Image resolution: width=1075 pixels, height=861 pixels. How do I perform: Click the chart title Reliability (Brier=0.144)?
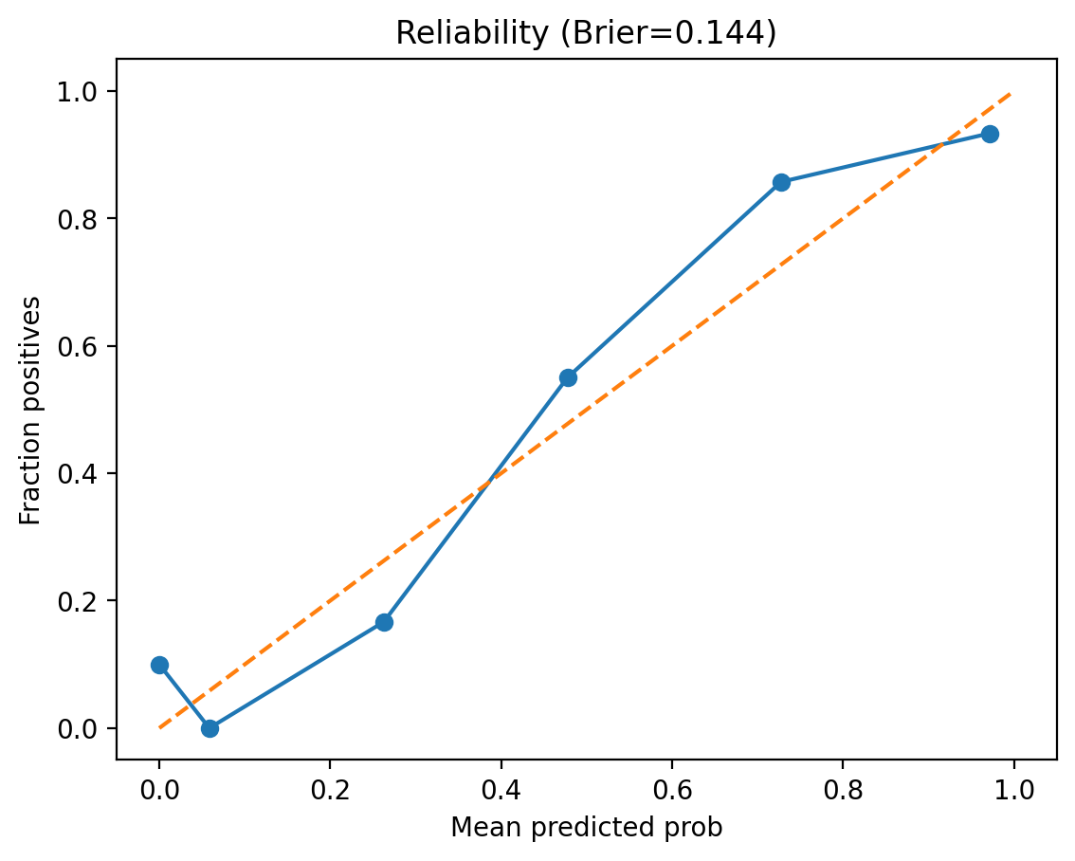click(586, 33)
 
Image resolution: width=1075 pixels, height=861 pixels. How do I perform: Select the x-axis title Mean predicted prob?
click(586, 828)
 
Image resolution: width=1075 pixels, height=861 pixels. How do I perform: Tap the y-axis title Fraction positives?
click(31, 410)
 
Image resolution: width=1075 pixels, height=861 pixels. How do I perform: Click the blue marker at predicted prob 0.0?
click(159, 665)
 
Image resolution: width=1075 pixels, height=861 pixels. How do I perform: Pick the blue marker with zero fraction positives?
click(210, 728)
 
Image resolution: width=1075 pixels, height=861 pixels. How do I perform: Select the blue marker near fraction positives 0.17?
click(384, 622)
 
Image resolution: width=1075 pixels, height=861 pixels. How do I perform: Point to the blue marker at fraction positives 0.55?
click(568, 377)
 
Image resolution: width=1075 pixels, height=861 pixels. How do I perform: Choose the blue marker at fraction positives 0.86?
click(781, 182)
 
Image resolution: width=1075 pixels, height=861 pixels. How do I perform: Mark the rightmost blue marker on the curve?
click(990, 134)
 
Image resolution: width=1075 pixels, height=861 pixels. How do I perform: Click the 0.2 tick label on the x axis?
click(330, 789)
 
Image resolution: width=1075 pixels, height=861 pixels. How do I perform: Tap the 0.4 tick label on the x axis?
click(501, 789)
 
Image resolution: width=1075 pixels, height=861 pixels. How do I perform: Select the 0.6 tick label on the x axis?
click(671, 789)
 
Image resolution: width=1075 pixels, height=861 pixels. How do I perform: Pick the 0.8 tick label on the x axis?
click(843, 789)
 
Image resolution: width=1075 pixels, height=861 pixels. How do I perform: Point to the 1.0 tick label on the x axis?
click(1013, 789)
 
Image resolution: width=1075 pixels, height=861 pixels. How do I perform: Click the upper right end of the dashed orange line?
click(1012, 92)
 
